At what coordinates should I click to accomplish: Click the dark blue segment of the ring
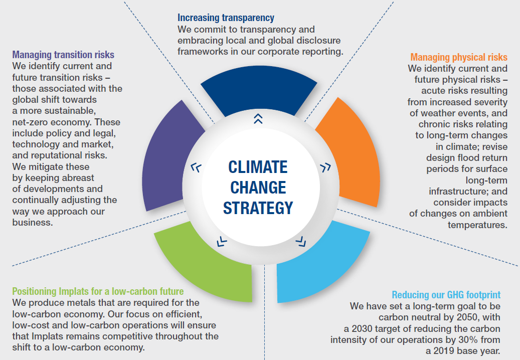(x=259, y=90)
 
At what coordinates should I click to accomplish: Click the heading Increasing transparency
(x=226, y=18)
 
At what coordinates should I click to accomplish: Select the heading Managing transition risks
(x=63, y=55)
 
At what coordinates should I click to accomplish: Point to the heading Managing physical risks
(x=459, y=57)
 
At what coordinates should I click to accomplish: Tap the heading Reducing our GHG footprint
(x=446, y=295)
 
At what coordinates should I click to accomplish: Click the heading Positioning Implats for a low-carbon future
(x=98, y=291)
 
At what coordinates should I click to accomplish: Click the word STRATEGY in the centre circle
(x=258, y=208)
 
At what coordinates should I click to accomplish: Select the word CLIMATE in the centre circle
(x=258, y=167)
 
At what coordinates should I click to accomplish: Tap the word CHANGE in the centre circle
(x=258, y=188)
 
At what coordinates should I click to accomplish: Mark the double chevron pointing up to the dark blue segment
(x=258, y=119)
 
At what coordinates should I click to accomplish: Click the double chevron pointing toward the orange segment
(x=325, y=167)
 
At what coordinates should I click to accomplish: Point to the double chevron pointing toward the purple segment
(x=196, y=167)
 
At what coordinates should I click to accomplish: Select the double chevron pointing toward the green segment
(x=222, y=242)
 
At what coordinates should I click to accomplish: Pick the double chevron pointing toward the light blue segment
(x=301, y=242)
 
